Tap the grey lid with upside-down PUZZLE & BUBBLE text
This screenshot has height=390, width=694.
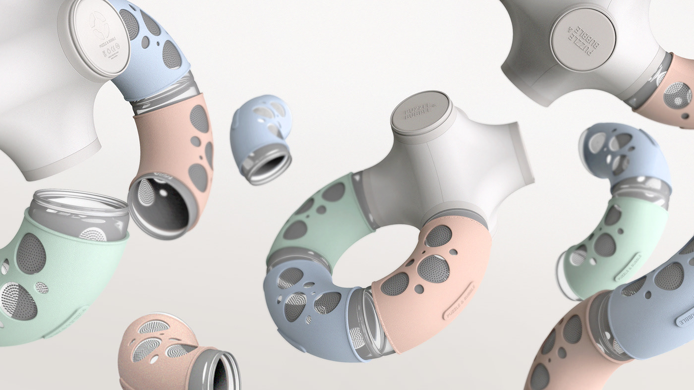pyautogui.click(x=582, y=39)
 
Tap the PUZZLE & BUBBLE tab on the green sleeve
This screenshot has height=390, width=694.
pyautogui.click(x=628, y=267)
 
